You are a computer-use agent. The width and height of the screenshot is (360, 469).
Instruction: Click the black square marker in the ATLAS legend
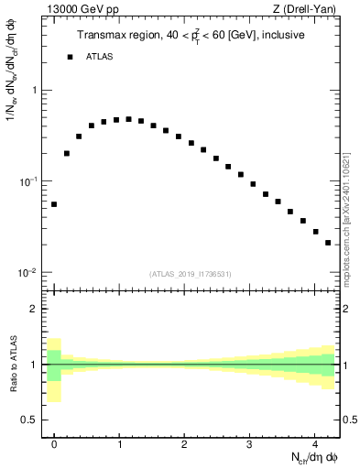70,57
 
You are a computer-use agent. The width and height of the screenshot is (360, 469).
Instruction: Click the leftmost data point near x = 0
54,204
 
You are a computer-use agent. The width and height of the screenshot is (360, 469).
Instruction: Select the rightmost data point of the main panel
328,243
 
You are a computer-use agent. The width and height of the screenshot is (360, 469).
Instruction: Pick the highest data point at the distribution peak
128,119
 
